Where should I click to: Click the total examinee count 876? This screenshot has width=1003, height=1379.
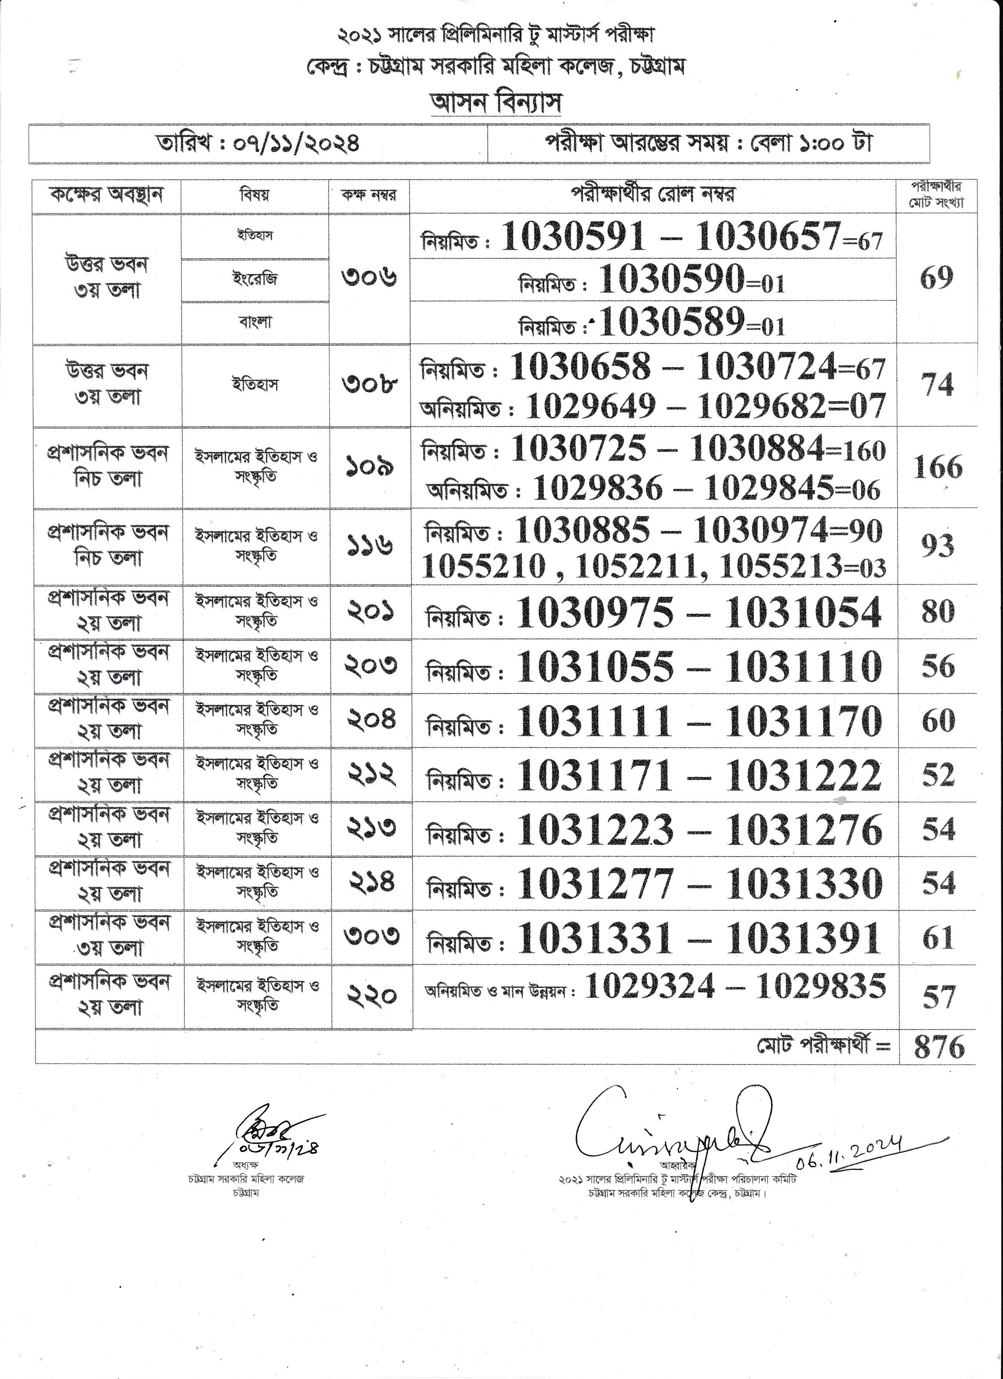point(939,1046)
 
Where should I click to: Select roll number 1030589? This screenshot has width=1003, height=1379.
point(672,322)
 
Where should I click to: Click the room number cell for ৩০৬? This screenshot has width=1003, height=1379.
point(369,278)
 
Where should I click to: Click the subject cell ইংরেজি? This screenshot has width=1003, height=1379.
point(255,279)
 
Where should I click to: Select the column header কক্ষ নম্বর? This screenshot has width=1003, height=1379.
point(369,195)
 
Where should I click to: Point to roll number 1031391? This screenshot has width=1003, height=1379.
point(803,938)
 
